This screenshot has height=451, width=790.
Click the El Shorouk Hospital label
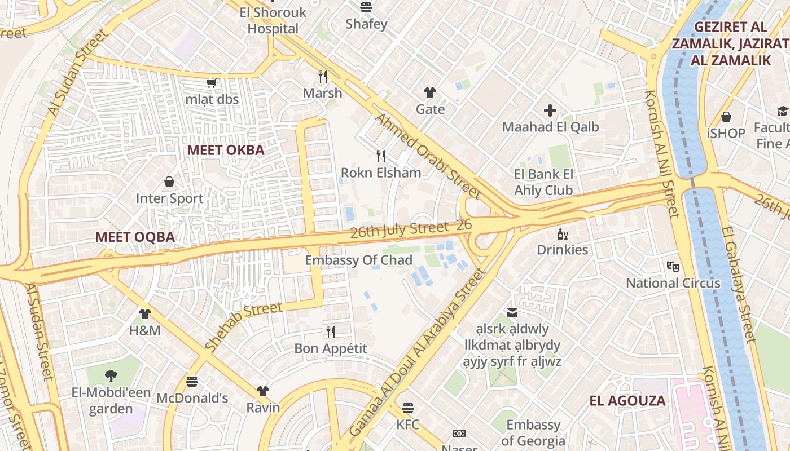tap(273, 20)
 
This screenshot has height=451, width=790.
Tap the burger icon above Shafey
tap(366, 7)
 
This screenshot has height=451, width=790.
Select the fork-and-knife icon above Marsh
tap(323, 76)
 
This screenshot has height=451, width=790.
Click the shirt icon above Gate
tap(430, 92)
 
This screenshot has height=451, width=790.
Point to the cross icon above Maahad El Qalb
tap(550, 110)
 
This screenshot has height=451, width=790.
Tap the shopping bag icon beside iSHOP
tap(726, 117)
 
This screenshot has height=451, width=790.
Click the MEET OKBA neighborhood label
tap(226, 150)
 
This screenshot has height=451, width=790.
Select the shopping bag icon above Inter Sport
tap(169, 182)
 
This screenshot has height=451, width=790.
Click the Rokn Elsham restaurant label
tap(381, 173)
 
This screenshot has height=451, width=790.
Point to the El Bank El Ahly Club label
tap(543, 182)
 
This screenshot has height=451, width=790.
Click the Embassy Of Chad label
tap(358, 260)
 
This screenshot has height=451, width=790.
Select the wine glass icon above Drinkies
tap(562, 234)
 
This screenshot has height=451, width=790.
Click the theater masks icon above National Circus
tap(673, 266)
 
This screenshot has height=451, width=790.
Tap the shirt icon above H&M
tap(145, 314)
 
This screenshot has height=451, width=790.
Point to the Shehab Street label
tap(243, 326)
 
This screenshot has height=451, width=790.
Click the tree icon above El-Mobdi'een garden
tap(111, 375)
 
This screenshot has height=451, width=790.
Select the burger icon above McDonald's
tap(192, 382)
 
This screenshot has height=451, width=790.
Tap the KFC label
tap(407, 424)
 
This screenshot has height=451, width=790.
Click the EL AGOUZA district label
tap(627, 401)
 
